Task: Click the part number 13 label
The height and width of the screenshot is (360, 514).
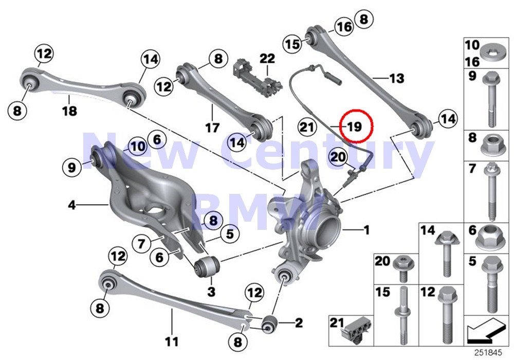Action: point(396,79)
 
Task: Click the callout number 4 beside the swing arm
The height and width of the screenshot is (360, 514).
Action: point(72,206)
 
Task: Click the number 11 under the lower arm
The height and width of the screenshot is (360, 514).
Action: point(172,340)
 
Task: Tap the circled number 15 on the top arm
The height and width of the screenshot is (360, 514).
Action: point(293,44)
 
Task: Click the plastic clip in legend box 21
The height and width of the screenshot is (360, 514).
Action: point(354,329)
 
